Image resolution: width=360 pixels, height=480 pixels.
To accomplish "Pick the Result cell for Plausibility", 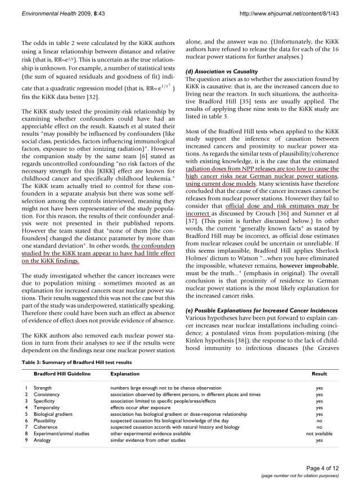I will [319, 421].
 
